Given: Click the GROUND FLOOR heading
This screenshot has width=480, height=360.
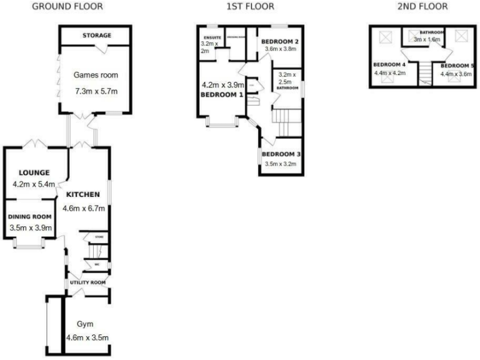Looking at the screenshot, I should [x=67, y=7].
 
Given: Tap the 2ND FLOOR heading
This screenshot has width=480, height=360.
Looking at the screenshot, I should [x=422, y=7].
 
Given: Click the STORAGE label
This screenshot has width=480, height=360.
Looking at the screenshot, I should [x=96, y=36].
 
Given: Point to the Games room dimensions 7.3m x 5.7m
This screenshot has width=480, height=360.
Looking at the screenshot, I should [x=96, y=91].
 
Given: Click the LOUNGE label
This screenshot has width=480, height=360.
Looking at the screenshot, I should [x=34, y=173].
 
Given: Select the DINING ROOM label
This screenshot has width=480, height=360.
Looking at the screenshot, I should [x=30, y=217].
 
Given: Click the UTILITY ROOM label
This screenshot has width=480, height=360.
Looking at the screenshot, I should [x=87, y=282].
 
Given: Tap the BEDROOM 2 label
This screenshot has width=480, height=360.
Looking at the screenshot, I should [x=279, y=41].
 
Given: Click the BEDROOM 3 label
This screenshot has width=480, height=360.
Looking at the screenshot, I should [x=281, y=154].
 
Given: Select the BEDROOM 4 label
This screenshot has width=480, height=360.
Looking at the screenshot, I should [x=389, y=64].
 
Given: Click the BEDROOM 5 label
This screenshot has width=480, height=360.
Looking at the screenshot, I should [x=456, y=66].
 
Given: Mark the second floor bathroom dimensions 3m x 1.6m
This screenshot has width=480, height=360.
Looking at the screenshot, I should [x=427, y=39].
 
